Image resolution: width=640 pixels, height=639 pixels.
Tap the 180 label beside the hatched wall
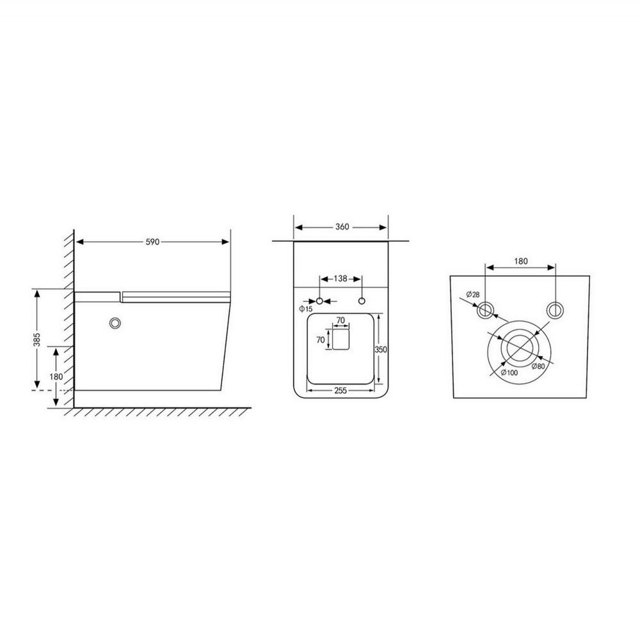point(56,376)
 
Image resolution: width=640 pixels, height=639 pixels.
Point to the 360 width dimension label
point(342,227)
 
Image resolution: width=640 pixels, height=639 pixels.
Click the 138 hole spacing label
point(341,279)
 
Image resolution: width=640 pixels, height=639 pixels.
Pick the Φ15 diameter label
point(305,309)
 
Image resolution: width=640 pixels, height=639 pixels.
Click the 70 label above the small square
point(341,320)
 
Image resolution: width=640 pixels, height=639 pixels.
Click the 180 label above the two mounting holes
point(521,261)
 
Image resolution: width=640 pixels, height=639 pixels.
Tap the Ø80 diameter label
point(538,367)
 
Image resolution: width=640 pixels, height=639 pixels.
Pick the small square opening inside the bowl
point(341,340)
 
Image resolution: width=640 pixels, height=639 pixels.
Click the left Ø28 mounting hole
point(486,310)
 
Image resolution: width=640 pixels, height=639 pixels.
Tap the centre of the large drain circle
point(520,347)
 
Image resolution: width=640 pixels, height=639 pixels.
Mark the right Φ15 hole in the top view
point(362,301)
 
